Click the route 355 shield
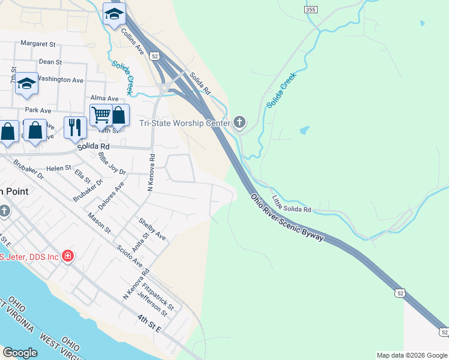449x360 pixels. click(310, 10)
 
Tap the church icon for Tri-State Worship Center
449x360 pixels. click(240, 123)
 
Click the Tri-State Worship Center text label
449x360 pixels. click(185, 123)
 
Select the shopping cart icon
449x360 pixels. click(100, 114)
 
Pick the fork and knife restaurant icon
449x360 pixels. click(74, 127)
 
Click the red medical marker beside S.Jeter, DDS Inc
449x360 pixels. click(68, 257)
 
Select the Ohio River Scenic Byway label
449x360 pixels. click(288, 217)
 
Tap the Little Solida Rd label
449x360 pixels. click(292, 203)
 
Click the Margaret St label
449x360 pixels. click(38, 44)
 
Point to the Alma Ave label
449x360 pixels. click(104, 98)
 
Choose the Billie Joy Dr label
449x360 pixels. click(112, 164)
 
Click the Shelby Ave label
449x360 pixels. click(152, 229)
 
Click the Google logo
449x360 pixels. click(20, 353)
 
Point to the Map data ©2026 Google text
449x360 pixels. click(412, 355)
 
